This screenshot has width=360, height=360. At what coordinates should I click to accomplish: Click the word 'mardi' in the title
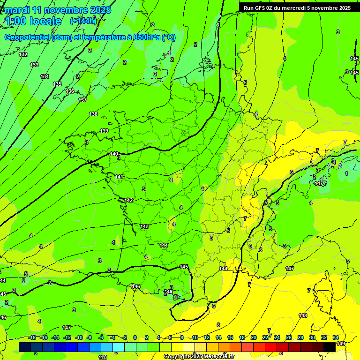point(17,10)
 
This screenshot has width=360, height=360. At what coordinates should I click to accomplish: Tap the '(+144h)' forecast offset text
point(83,21)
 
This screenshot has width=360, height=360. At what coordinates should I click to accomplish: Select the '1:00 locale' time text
point(33,21)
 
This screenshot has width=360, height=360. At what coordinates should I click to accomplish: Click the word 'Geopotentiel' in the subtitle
point(28,37)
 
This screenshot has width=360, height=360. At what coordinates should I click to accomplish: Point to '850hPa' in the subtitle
point(147,37)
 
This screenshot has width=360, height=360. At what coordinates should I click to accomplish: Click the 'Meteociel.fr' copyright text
point(215,356)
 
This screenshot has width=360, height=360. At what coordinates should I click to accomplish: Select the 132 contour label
point(23,55)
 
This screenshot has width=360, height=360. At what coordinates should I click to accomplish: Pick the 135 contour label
point(57,84)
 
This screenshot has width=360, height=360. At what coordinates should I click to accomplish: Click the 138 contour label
point(93,114)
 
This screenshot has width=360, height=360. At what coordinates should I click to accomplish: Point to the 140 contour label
point(114,154)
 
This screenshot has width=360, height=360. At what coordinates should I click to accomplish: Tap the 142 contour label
point(128,200)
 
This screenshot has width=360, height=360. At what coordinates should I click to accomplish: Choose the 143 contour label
point(144,226)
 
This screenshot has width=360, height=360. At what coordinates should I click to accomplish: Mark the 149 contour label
point(341,344)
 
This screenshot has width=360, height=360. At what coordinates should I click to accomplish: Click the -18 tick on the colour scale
point(32,337)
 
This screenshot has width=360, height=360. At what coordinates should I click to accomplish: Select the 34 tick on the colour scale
point(336,337)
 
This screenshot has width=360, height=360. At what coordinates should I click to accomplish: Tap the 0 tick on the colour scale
point(135,337)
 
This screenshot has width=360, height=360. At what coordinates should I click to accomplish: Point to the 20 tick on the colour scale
point(253,337)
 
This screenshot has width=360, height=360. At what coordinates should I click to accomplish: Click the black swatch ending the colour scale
point(329,346)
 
